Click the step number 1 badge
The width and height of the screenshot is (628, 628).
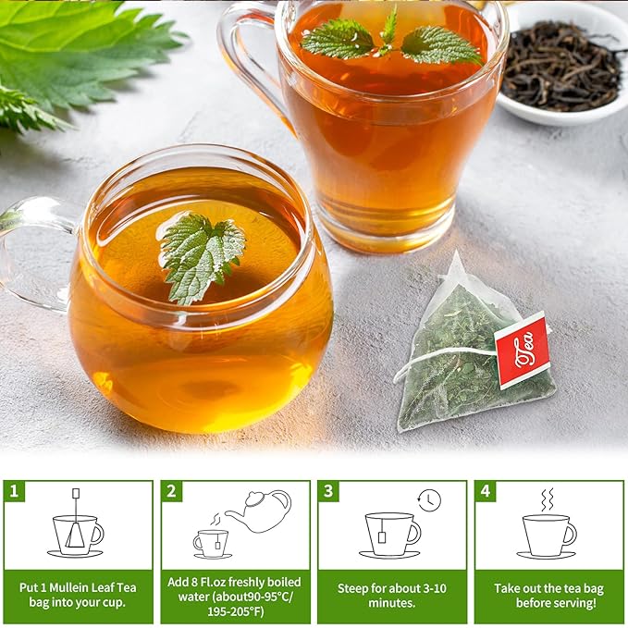(14, 490)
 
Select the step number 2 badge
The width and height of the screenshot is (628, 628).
(171, 490)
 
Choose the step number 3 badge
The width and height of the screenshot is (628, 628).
(328, 490)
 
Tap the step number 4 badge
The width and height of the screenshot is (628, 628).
(485, 490)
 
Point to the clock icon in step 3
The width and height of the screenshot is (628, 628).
(429, 500)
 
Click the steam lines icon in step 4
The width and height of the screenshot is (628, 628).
(548, 499)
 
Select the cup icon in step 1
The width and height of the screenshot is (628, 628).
(78, 535)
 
